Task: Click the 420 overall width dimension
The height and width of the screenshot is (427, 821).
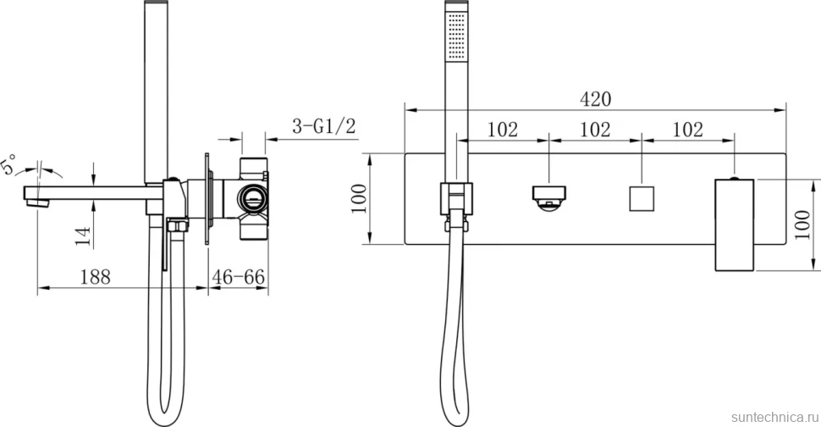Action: [595, 98]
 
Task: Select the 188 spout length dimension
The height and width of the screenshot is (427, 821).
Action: [96, 277]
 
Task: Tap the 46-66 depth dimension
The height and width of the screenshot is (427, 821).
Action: [238, 277]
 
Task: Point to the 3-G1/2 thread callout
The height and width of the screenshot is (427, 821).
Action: [324, 126]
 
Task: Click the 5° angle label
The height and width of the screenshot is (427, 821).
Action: [10, 163]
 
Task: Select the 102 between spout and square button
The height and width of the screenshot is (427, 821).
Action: [595, 129]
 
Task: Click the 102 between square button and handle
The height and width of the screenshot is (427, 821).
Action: [687, 129]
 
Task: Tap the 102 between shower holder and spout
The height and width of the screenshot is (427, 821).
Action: [503, 129]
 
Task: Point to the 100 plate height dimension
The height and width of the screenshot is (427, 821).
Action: [359, 198]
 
